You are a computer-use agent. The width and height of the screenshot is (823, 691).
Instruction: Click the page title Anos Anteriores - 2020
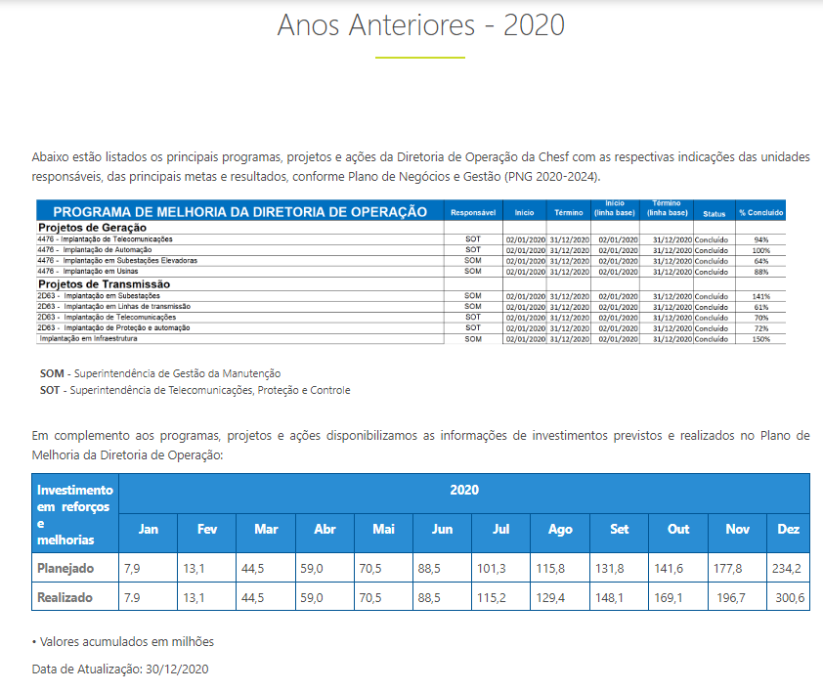tap(420, 24)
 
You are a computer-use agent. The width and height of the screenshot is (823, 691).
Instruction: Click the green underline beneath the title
tap(420, 58)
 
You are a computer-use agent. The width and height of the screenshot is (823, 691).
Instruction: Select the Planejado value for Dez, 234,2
tap(788, 567)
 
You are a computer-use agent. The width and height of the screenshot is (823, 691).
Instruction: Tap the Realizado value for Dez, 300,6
tap(788, 596)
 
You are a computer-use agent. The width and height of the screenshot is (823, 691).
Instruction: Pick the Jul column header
tap(500, 529)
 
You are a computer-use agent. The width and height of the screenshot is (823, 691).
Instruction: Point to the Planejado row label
tap(65, 567)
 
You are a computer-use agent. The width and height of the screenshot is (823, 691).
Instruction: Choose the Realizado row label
tap(65, 596)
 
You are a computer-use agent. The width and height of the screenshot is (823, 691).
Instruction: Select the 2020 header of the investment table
tap(463, 490)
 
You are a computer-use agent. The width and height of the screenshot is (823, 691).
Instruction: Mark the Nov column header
tap(737, 529)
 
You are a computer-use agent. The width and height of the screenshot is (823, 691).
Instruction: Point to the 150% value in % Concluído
tap(761, 339)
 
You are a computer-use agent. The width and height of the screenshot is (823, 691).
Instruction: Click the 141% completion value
tap(761, 295)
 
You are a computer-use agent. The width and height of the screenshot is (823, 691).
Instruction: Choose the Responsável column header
tap(473, 212)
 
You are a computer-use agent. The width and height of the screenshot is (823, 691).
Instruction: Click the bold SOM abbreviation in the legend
tap(51, 373)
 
